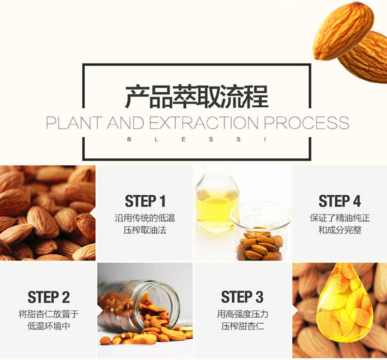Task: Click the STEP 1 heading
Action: (x=145, y=201)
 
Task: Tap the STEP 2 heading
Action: (x=49, y=297)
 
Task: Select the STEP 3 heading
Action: (x=242, y=297)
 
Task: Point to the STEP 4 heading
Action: (x=340, y=201)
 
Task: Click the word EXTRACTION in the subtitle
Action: (x=204, y=123)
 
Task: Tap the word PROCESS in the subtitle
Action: (x=307, y=123)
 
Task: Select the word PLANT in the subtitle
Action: (x=74, y=123)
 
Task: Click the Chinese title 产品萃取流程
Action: (x=197, y=97)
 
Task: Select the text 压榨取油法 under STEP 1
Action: (x=145, y=230)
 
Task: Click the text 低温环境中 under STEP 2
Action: (x=49, y=326)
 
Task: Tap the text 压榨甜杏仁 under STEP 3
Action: (x=242, y=326)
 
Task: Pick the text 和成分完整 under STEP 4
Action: (x=340, y=230)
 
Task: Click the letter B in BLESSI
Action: (x=129, y=140)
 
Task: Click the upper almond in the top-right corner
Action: (x=343, y=31)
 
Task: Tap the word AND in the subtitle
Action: (x=126, y=123)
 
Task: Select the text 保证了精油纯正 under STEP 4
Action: (x=340, y=218)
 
